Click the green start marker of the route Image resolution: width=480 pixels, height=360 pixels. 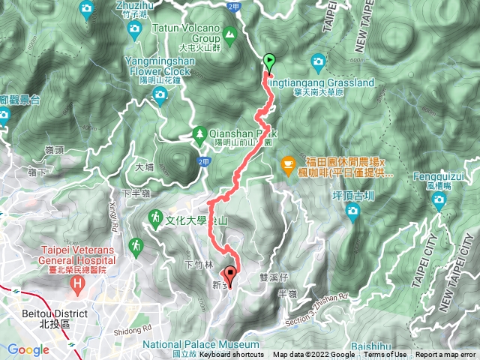269,62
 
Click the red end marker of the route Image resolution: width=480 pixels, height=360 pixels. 230,276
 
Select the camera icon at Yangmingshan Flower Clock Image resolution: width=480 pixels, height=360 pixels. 160,93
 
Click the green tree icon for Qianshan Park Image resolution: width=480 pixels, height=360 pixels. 199,133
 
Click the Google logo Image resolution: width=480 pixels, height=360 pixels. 28,349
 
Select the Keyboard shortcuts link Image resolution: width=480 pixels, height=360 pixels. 232,355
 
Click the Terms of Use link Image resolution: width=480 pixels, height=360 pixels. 387,355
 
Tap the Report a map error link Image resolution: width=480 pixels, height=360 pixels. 446,355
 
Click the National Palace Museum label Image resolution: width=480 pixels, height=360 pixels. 205,345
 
